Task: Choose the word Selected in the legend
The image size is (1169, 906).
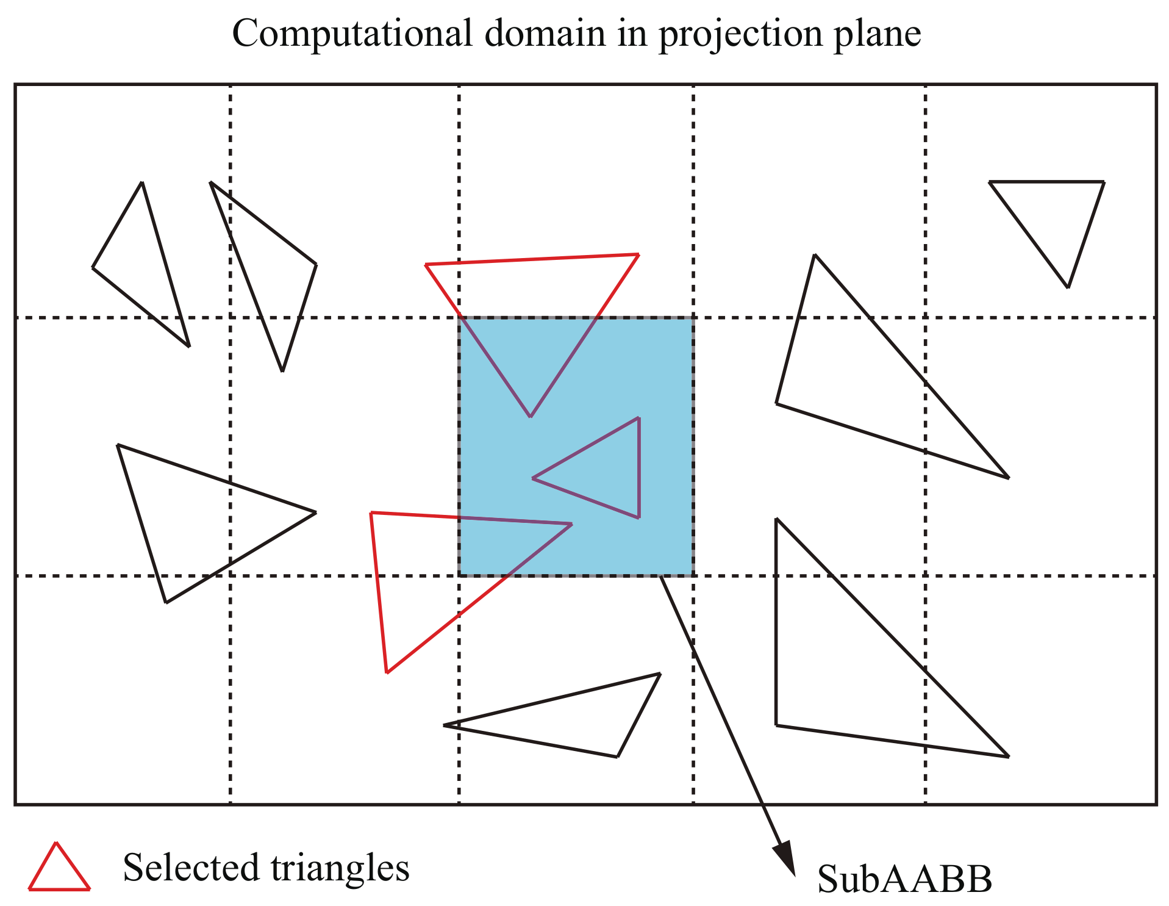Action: point(191,868)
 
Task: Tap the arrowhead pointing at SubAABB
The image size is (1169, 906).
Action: point(785,858)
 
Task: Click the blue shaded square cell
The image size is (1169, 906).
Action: point(659,366)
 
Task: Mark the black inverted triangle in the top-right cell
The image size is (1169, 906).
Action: point(1055,214)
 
